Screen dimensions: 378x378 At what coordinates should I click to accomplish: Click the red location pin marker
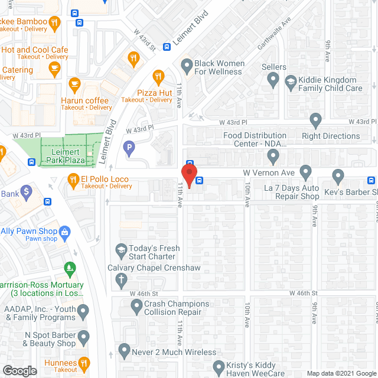pyautogui.click(x=188, y=175)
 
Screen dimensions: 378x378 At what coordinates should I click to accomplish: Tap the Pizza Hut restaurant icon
pyautogui.click(x=158, y=76)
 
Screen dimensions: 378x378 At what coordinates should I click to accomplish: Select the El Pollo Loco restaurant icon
pyautogui.click(x=73, y=178)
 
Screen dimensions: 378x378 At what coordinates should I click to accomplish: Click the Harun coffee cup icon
pyautogui.click(x=74, y=84)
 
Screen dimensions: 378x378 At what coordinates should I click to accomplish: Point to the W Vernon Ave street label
pyautogui.click(x=269, y=172)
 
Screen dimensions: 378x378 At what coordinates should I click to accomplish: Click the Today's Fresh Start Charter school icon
pyautogui.click(x=121, y=250)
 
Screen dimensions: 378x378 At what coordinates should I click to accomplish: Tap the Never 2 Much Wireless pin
pyautogui.click(x=123, y=351)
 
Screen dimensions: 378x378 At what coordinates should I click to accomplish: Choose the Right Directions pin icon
pyautogui.click(x=315, y=120)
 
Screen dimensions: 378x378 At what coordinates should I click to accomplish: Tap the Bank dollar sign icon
pyautogui.click(x=26, y=191)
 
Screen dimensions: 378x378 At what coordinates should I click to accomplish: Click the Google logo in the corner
pyautogui.click(x=19, y=370)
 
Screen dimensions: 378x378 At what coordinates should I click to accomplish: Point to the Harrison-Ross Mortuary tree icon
pyautogui.click(x=71, y=269)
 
